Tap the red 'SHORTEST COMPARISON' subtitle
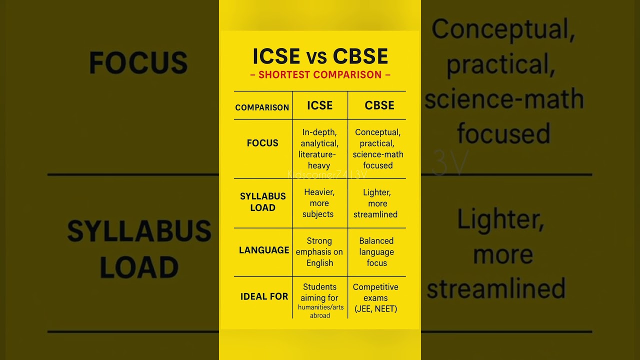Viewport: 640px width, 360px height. tap(320, 75)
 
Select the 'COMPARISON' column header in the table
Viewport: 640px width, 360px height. tap(262, 107)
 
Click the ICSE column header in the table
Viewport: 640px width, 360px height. tap(319, 105)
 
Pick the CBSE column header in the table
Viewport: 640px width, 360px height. tap(379, 105)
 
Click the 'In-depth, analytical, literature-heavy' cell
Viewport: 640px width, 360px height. tap(319, 149)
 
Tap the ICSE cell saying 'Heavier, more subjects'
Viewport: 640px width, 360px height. tap(319, 203)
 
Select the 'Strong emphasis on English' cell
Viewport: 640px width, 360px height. tap(319, 252)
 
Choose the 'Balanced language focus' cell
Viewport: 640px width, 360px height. tap(376, 252)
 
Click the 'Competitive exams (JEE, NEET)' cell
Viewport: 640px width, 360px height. tap(375, 298)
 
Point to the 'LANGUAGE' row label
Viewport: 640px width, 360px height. tap(264, 250)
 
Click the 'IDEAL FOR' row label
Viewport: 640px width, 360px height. tap(264, 296)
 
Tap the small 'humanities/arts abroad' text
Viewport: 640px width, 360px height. tap(320, 311)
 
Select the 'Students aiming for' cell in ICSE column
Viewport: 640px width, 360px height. tap(319, 292)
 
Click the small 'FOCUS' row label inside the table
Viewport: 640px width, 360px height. tap(262, 143)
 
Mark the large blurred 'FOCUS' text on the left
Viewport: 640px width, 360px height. tap(138, 63)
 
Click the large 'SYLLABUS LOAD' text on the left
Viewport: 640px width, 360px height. tap(139, 249)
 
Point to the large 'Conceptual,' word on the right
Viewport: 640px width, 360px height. tap(503, 30)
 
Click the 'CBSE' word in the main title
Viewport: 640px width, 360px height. tap(360, 56)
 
